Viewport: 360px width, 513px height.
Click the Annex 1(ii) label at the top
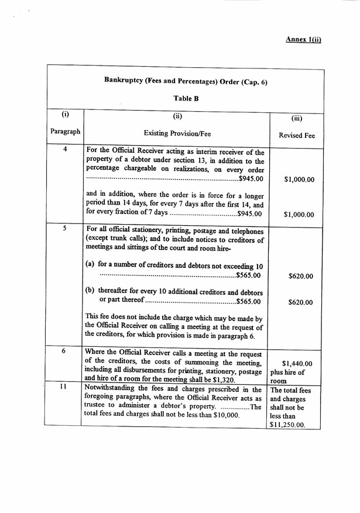coord(303,39)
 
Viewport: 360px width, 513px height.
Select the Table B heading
coord(186,98)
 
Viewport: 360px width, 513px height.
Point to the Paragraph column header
coord(65,132)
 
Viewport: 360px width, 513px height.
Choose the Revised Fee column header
coord(297,135)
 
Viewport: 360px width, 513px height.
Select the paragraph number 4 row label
coord(65,150)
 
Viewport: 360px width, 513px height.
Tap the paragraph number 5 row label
coord(65,229)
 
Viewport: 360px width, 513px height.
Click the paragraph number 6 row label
coord(64,351)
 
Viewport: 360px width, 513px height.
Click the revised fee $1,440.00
coord(297,363)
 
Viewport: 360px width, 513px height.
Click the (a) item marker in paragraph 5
coord(91,264)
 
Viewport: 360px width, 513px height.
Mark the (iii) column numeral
coord(296,118)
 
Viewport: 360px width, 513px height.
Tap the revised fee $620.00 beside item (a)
coord(301,276)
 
